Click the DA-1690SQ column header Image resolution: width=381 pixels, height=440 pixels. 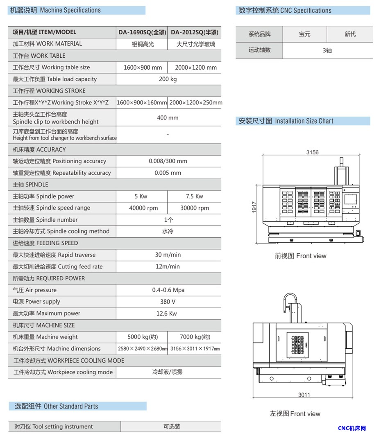142,32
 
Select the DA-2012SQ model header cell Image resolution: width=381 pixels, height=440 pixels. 194,32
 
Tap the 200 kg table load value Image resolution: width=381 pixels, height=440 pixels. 168,79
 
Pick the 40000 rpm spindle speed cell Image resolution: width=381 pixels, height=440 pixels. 143,208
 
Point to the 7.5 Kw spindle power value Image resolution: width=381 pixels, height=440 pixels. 195,196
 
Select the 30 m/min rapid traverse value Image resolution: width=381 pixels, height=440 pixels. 168,255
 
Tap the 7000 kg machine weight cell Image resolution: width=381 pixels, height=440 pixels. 195,337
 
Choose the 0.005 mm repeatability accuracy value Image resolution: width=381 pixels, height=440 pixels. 168,173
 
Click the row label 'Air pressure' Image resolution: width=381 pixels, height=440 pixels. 35,290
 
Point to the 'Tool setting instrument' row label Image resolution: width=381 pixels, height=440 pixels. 54,426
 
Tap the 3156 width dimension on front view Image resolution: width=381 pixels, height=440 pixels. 312,153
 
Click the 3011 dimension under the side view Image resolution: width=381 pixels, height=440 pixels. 304,395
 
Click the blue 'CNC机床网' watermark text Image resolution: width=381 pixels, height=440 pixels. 352,429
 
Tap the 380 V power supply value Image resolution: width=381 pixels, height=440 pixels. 168,302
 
